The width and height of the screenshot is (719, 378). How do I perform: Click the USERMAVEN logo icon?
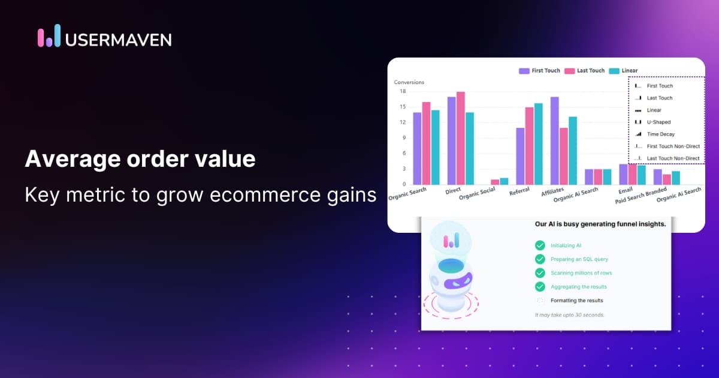[49, 36]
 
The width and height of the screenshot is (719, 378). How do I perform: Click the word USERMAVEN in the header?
[118, 40]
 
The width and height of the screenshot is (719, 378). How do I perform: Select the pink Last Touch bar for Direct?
[460, 138]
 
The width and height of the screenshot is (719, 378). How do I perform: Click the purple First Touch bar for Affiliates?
[554, 140]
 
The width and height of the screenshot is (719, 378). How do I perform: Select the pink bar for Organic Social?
[495, 182]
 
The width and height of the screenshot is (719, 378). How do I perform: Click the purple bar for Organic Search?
[416, 148]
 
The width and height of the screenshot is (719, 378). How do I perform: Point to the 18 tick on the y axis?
[403, 91]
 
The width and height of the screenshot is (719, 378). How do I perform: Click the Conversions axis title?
[409, 82]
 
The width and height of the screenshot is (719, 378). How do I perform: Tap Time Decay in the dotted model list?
[660, 134]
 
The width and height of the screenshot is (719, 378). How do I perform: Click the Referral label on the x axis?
[519, 192]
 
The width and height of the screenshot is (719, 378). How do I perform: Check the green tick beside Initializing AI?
[540, 245]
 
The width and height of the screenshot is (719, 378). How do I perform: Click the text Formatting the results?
[576, 301]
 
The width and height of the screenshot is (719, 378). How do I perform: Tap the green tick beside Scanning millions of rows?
[540, 273]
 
